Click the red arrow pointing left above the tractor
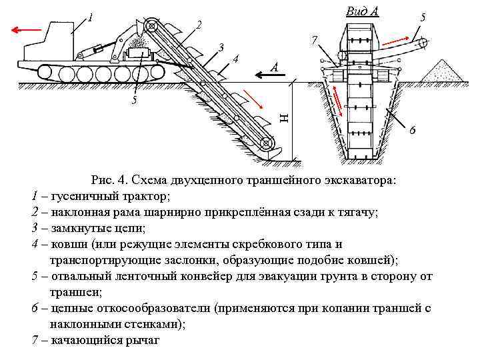[x=26, y=29]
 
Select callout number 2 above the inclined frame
[x=199, y=25]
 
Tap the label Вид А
[x=363, y=11]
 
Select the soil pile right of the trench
[x=446, y=69]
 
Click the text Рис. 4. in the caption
[x=110, y=180]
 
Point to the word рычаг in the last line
[x=145, y=340]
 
